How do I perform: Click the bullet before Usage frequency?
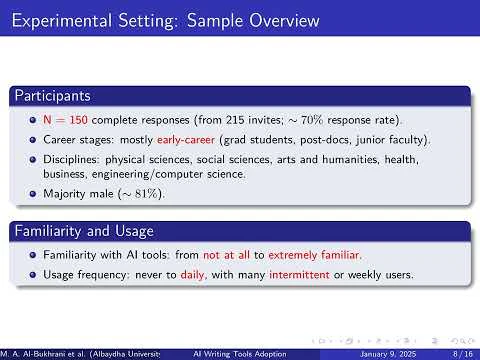click(x=34, y=272)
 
